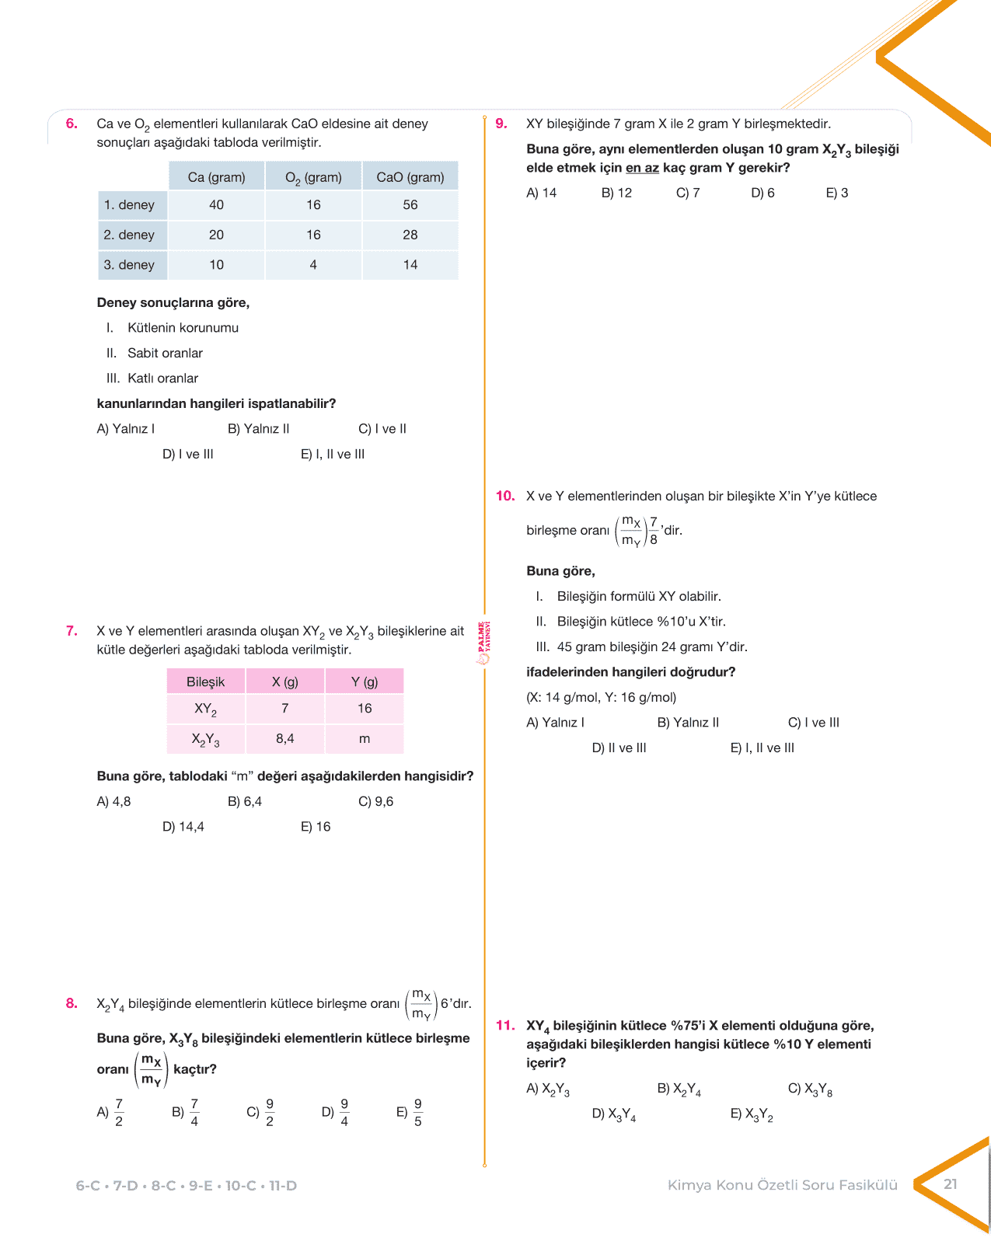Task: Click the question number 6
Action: tap(72, 124)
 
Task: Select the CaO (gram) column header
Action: tap(410, 177)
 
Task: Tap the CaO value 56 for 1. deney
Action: tap(410, 205)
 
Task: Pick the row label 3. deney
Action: tap(129, 265)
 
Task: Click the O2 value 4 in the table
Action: tap(313, 265)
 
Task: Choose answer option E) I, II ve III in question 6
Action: tap(333, 455)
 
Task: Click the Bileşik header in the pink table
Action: tap(205, 682)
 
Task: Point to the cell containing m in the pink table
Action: tap(365, 739)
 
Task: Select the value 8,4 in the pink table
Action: tap(285, 739)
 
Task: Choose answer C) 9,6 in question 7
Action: tap(376, 802)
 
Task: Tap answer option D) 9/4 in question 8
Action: tap(336, 1112)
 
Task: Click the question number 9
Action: tap(501, 124)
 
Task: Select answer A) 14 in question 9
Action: tap(542, 193)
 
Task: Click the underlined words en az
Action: tap(642, 168)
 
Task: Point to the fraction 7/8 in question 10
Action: tap(654, 531)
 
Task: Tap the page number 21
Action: tap(950, 1184)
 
